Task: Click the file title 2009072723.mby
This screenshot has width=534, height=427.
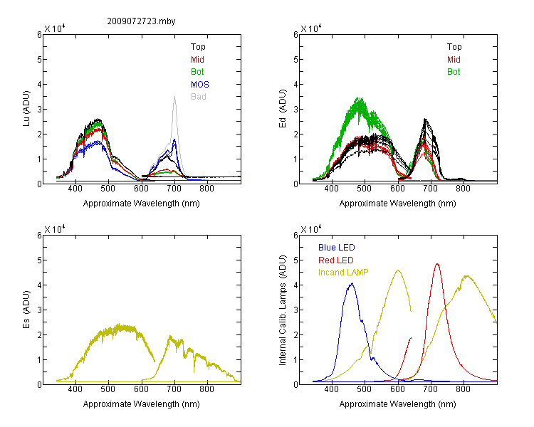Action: tap(141, 21)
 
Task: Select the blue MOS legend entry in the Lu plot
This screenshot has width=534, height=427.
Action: tap(200, 84)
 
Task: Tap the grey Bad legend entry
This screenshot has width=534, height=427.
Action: tap(199, 96)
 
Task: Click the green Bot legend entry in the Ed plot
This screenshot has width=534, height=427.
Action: tap(454, 71)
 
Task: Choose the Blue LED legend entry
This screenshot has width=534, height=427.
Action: tap(337, 248)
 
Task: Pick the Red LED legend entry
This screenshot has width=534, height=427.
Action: tap(336, 260)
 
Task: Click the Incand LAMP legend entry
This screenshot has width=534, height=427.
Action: tap(343, 273)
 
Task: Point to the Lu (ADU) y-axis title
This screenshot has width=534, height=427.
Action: tap(26, 109)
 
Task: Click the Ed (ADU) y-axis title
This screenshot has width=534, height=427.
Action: tap(283, 109)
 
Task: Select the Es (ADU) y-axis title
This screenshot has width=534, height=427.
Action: tap(26, 310)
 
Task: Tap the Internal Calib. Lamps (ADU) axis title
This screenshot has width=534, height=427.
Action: tap(283, 310)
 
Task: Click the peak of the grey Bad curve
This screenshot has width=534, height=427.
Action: tap(174, 97)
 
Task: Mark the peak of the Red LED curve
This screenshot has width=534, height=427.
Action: tap(437, 263)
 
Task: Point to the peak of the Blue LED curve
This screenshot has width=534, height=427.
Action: tap(352, 283)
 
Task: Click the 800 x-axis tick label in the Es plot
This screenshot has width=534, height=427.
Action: tap(206, 389)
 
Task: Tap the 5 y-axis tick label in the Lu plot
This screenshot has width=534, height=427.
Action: tap(39, 59)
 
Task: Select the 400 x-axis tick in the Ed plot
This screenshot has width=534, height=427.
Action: tap(332, 189)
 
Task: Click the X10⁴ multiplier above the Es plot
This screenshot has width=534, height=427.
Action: tap(55, 229)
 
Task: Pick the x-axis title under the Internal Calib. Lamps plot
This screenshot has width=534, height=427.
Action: tap(397, 404)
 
